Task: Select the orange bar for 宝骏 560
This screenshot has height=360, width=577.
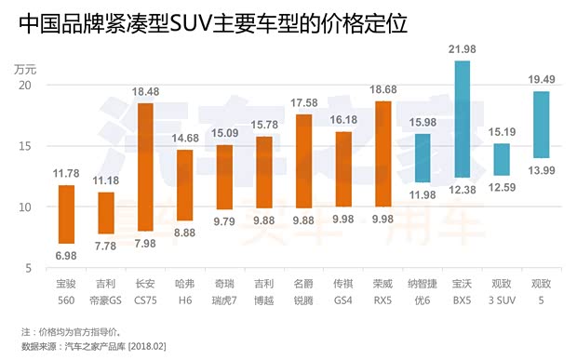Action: click(66, 215)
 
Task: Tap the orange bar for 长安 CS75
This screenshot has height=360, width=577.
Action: click(145, 167)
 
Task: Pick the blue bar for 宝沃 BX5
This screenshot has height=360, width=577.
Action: click(462, 119)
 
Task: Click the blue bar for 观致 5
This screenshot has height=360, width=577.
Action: click(541, 125)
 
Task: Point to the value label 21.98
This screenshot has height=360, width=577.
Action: click(462, 50)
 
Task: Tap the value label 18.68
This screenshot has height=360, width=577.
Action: click(382, 90)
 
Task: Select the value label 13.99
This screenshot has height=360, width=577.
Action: click(541, 169)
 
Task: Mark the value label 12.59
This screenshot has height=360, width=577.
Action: click(502, 187)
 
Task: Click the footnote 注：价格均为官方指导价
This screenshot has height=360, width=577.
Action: click(76, 331)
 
